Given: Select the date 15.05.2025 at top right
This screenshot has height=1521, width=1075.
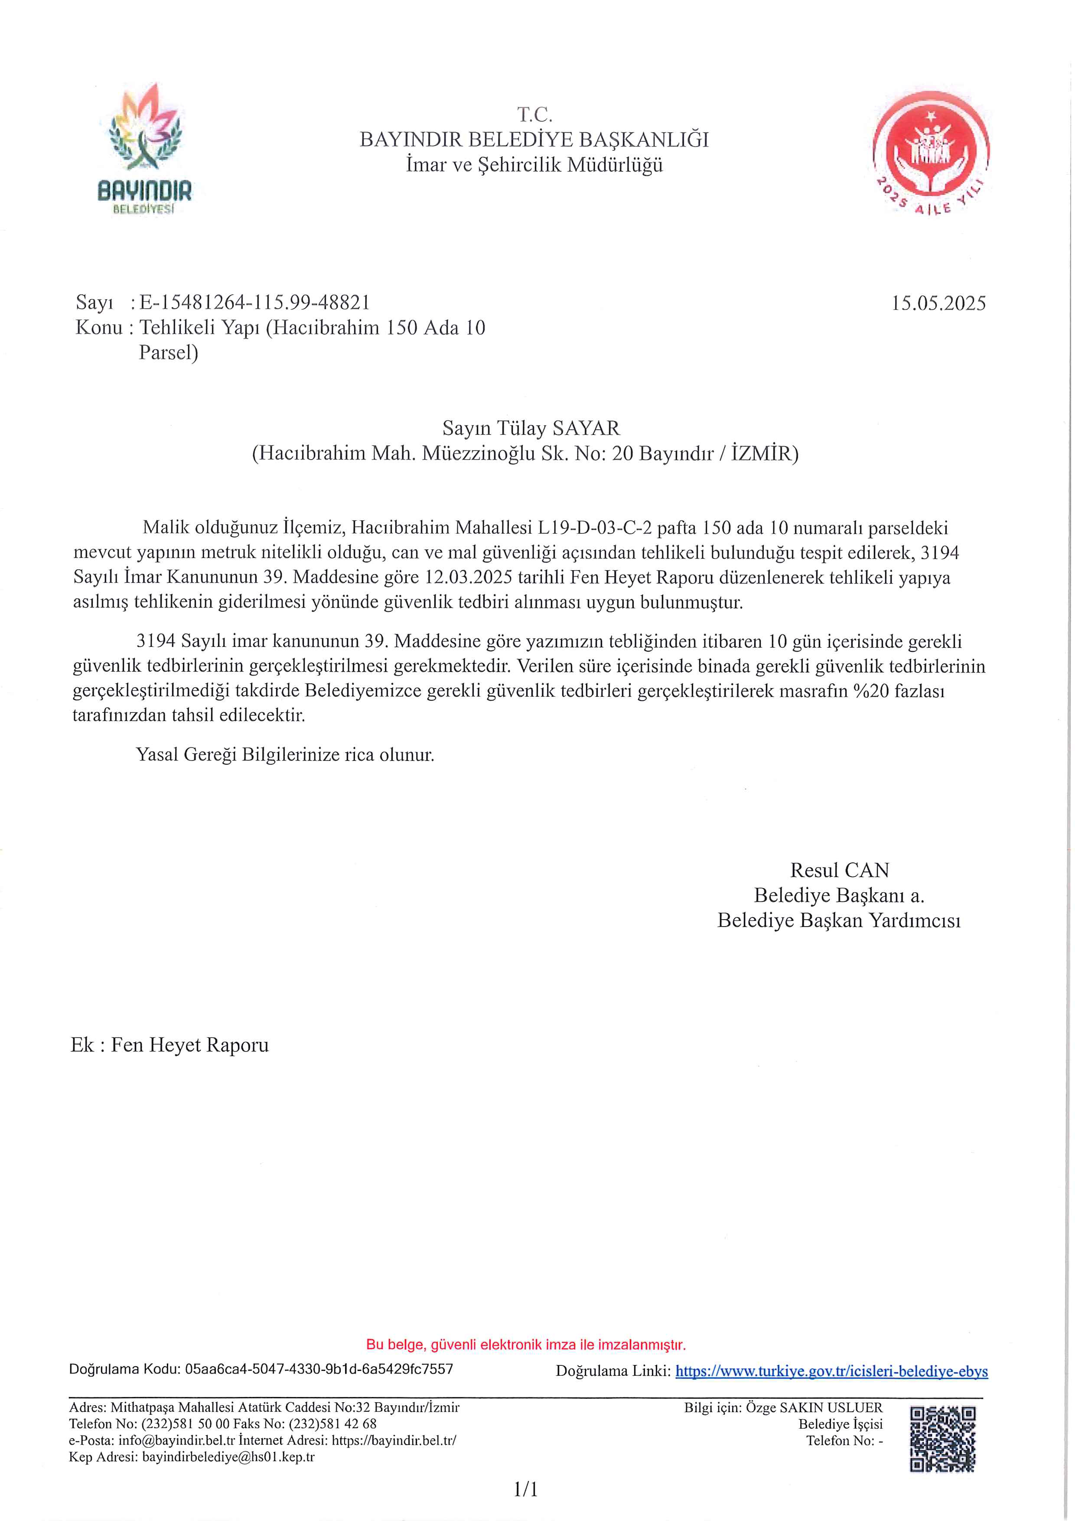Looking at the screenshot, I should click(x=938, y=304).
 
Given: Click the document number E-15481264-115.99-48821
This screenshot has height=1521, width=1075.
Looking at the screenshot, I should click(x=254, y=303).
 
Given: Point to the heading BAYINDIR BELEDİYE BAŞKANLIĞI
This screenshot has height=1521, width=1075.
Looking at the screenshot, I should click(x=534, y=140).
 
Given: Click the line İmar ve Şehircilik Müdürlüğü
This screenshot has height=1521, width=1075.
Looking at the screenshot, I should click(x=534, y=165).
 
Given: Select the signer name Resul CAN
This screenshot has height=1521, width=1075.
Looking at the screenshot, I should click(x=839, y=870).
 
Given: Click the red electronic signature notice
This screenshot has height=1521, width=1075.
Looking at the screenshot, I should click(x=526, y=1345).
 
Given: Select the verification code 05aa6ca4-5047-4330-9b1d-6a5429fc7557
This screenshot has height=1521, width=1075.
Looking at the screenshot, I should click(x=319, y=1369).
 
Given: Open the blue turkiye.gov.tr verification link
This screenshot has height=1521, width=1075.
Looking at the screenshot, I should click(x=831, y=1371).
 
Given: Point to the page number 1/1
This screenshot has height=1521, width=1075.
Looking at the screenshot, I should click(x=526, y=1490).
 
